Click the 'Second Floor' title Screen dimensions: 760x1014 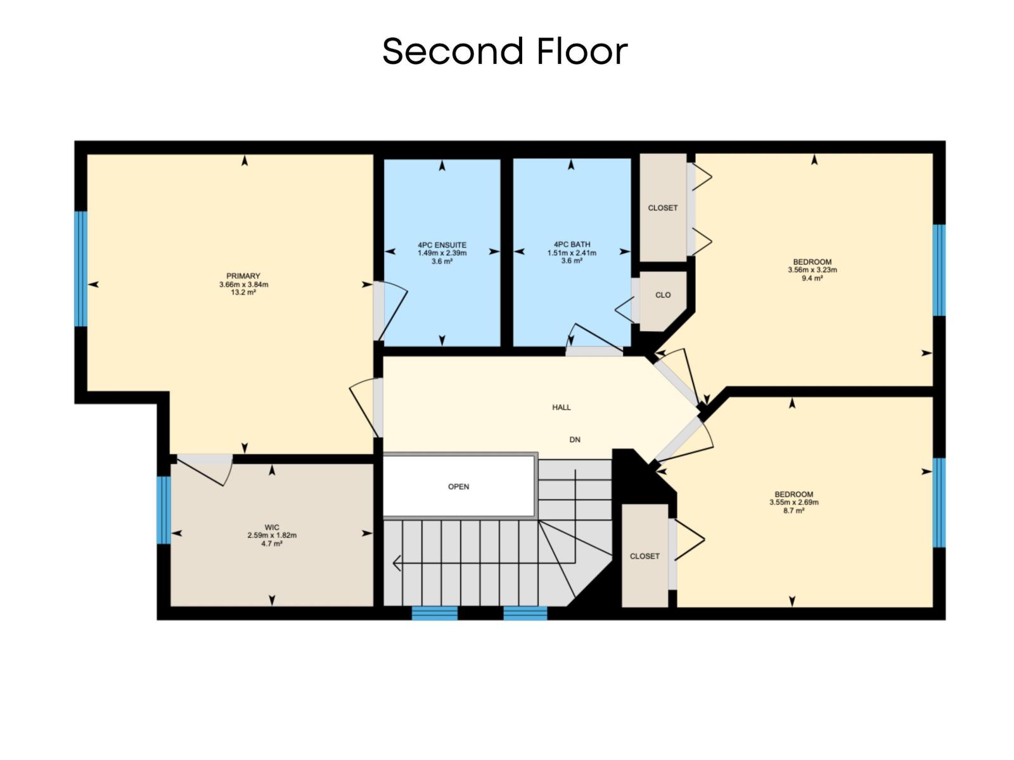[x=504, y=51]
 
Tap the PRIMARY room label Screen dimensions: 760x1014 [x=243, y=276]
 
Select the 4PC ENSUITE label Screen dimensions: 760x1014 [x=442, y=245]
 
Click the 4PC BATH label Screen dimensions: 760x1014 [x=572, y=244]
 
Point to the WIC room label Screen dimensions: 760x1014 [x=272, y=528]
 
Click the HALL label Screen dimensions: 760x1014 [x=562, y=407]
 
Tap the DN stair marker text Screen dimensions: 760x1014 [x=575, y=440]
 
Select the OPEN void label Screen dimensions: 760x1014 [x=458, y=486]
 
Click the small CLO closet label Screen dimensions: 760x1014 [x=663, y=295]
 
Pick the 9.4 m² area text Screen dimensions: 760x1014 [x=812, y=278]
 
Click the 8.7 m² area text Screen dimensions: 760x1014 [x=794, y=510]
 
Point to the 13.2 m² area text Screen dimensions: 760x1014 [x=243, y=293]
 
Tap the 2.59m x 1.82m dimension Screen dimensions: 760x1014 [x=272, y=535]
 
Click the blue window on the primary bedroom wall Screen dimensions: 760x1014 [x=80, y=269]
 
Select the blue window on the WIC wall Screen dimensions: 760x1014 [x=164, y=510]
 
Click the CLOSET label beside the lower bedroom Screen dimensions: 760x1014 [x=645, y=556]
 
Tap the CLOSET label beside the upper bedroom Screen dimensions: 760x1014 [x=663, y=208]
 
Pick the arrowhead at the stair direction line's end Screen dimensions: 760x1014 [x=397, y=562]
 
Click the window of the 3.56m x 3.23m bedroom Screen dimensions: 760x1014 [x=939, y=270]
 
